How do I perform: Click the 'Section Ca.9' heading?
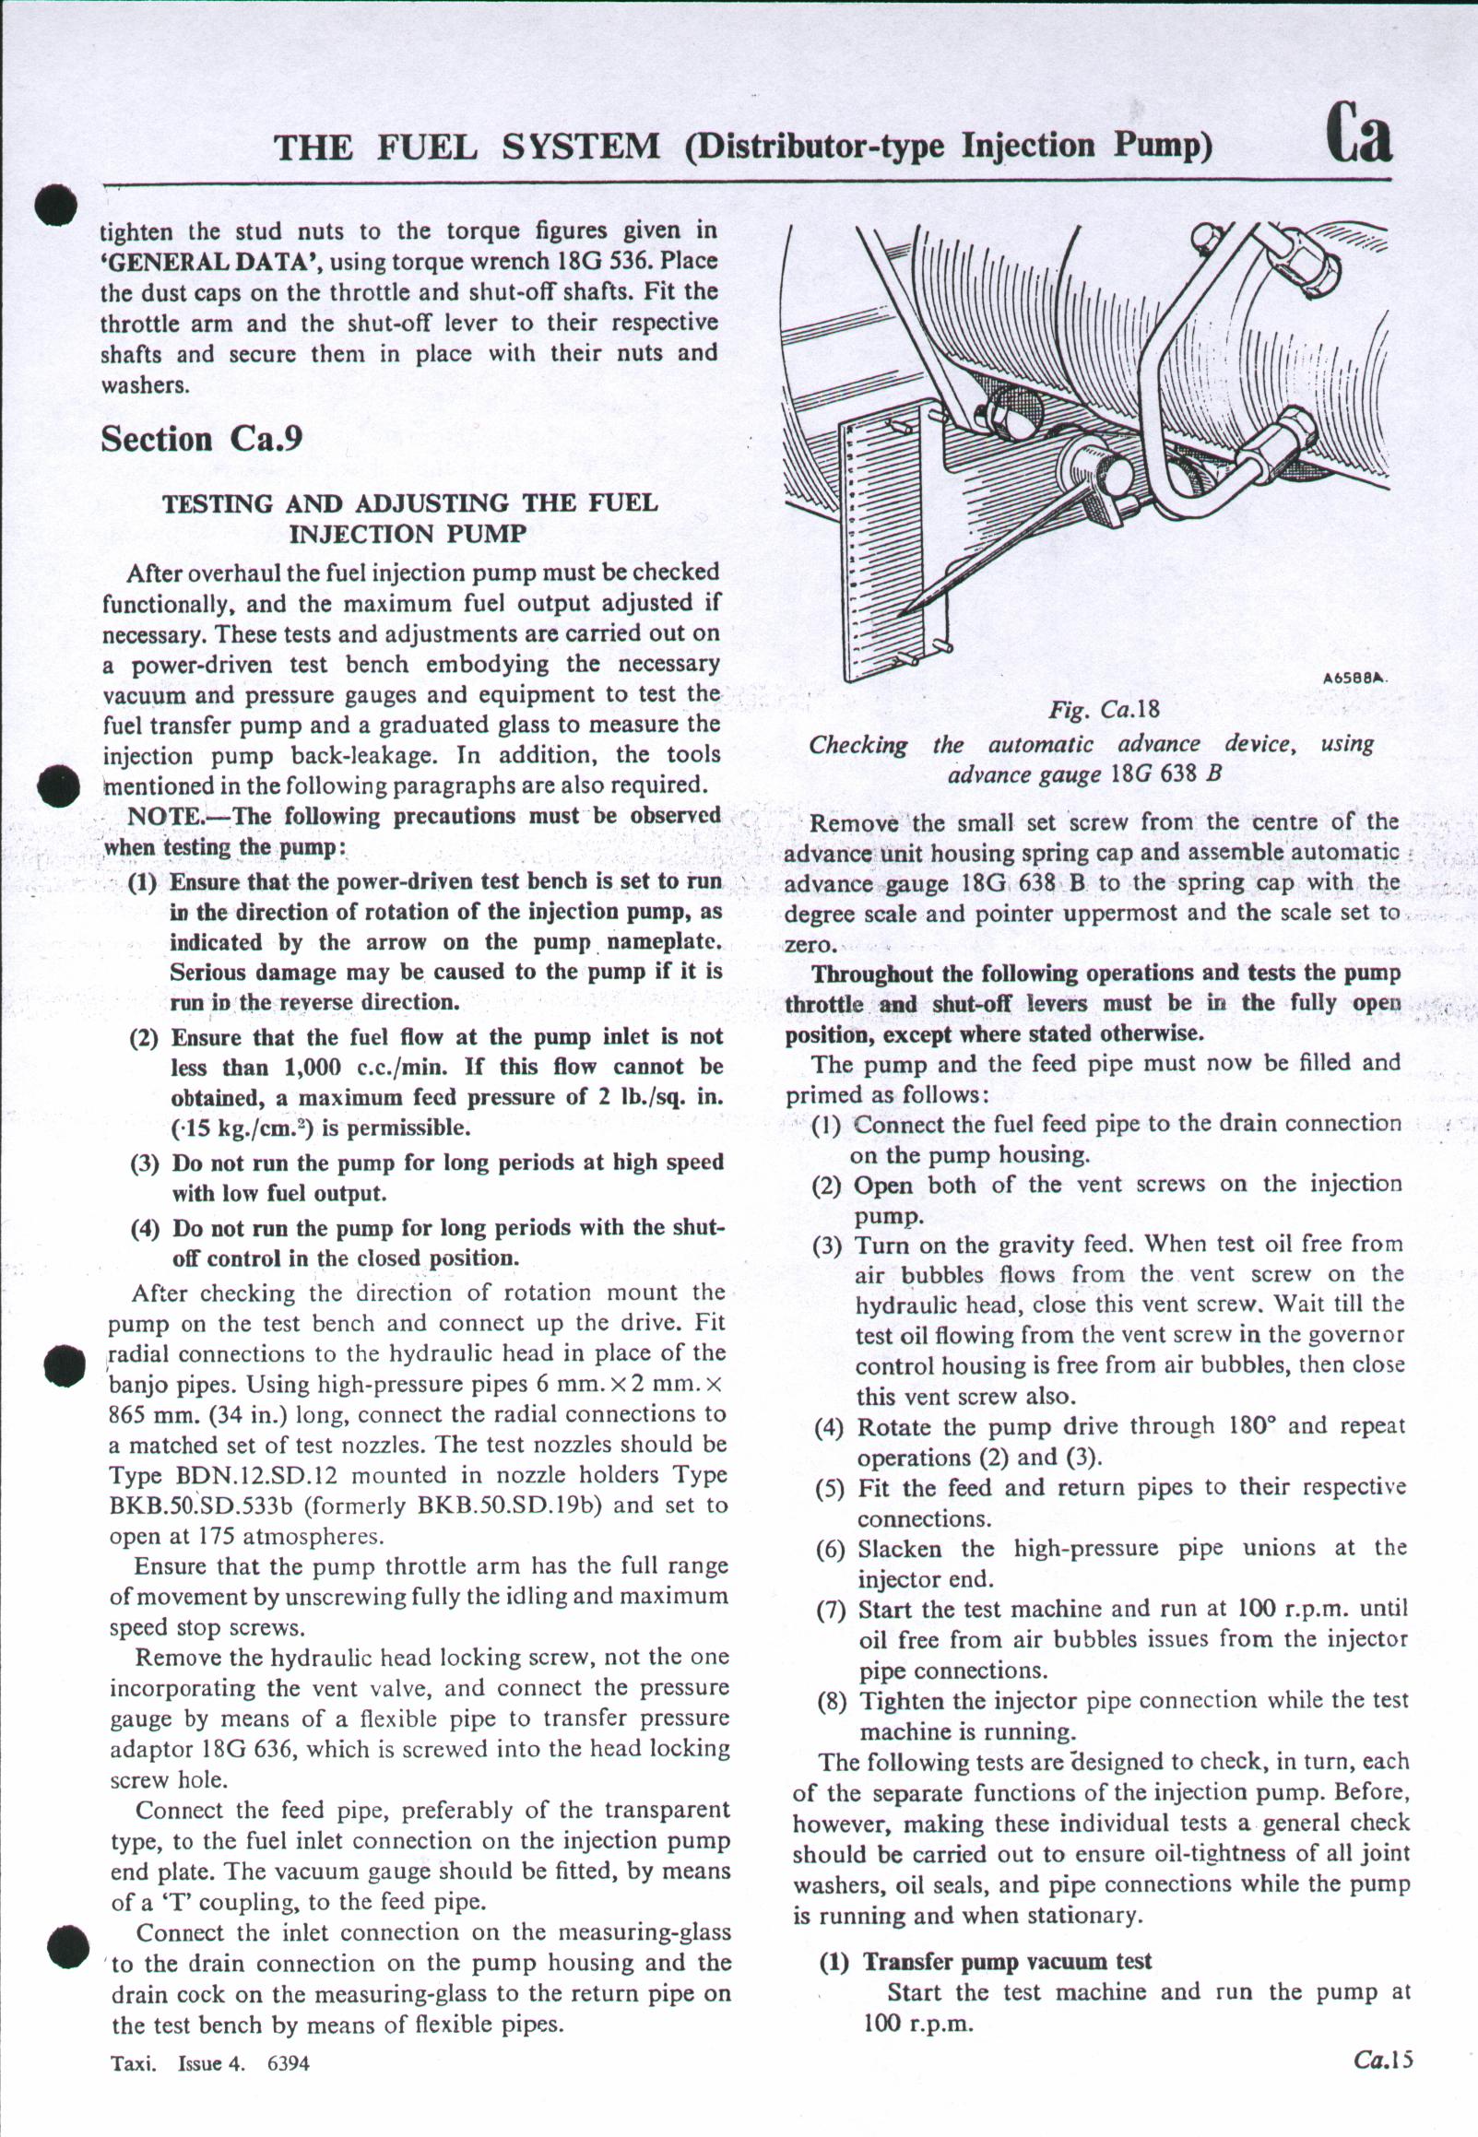201,438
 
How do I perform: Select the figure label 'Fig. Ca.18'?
1104,710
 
